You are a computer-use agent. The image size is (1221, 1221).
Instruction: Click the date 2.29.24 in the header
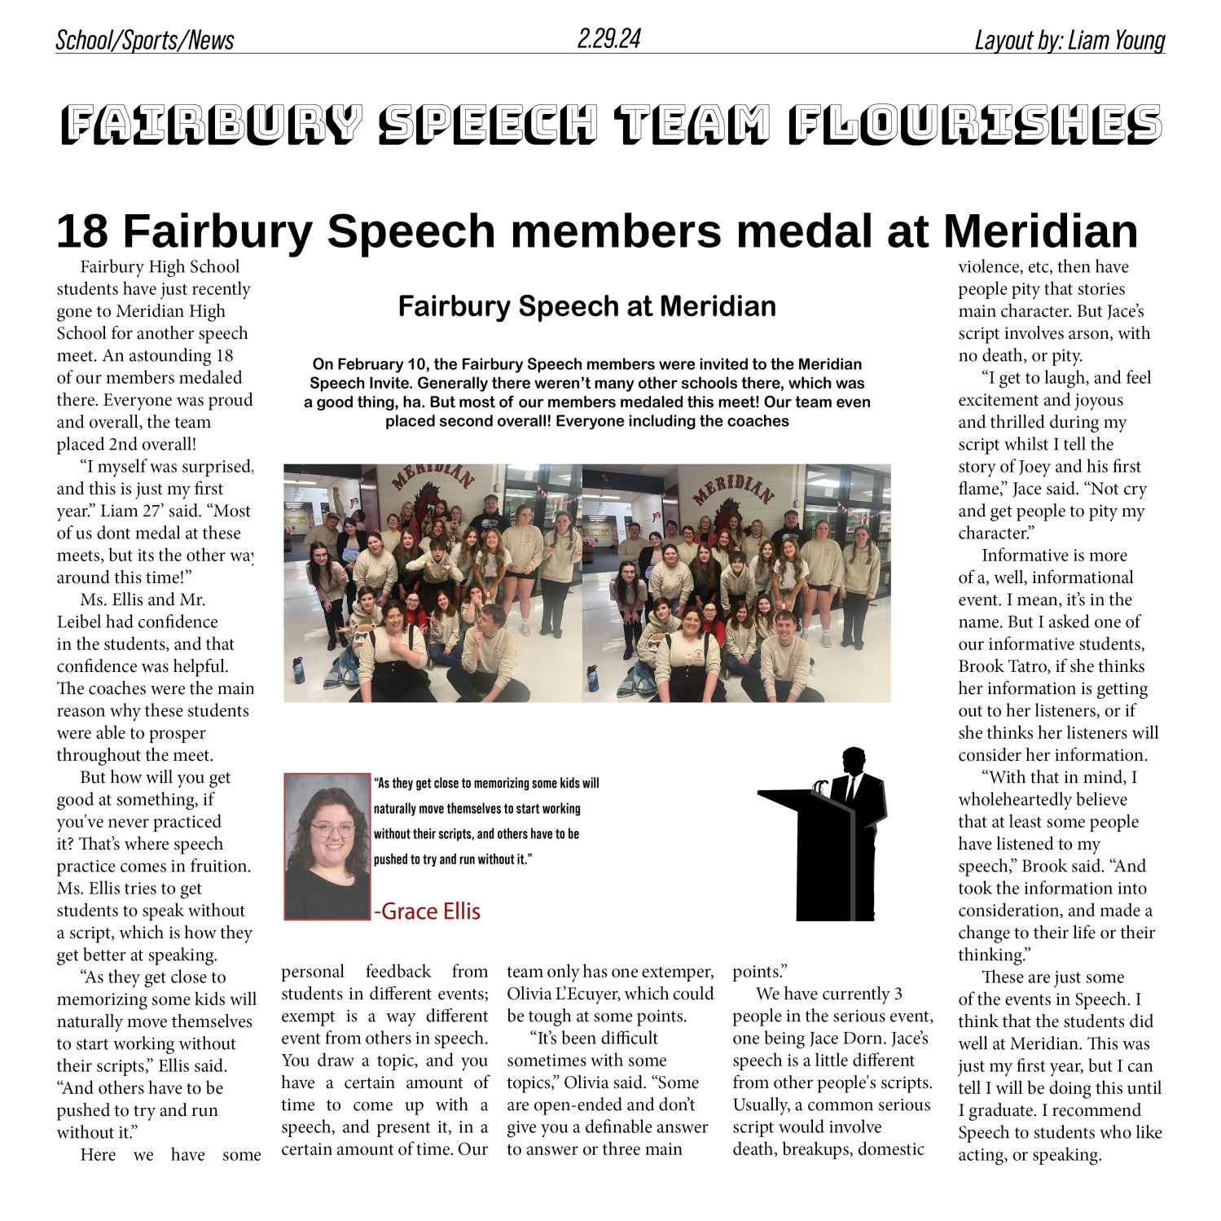pyautogui.click(x=608, y=38)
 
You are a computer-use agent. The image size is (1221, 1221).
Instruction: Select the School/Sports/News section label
pyautogui.click(x=144, y=41)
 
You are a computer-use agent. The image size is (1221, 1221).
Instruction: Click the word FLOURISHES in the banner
pyautogui.click(x=974, y=125)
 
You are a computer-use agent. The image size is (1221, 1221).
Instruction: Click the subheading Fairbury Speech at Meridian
pyautogui.click(x=586, y=306)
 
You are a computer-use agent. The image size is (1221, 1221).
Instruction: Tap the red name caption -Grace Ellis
pyautogui.click(x=427, y=911)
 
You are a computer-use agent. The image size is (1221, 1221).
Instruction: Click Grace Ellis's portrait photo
pyautogui.click(x=327, y=846)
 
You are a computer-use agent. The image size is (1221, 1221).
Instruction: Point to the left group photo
pyautogui.click(x=433, y=583)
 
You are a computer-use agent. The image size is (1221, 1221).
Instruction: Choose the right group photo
pyautogui.click(x=736, y=583)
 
